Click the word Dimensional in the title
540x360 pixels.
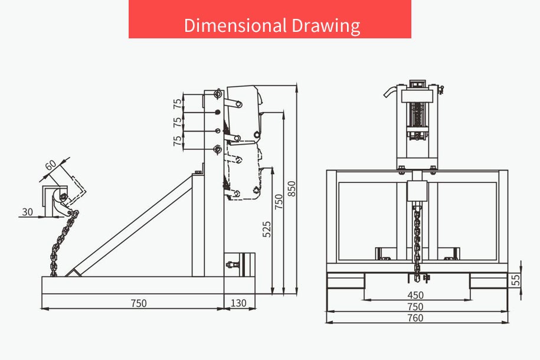coord(235,25)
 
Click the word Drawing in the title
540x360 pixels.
coord(326,26)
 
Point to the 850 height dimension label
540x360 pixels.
coord(292,188)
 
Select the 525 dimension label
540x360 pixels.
coord(267,229)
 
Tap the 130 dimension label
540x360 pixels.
coord(238,303)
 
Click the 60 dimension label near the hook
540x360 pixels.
coord(50,165)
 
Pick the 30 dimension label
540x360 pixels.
coord(27,212)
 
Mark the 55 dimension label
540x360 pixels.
coord(516,280)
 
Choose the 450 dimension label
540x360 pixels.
coord(415,295)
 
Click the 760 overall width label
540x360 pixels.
coord(415,318)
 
